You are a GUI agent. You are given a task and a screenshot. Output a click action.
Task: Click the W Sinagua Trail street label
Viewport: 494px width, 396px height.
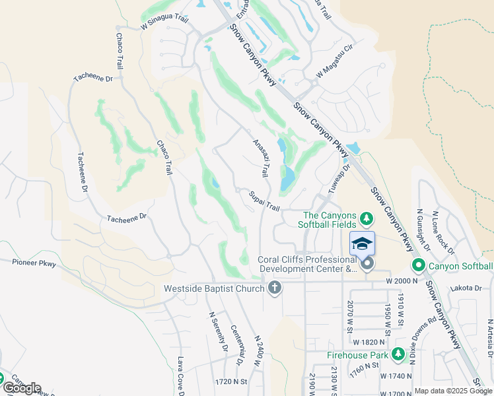pyautogui.click(x=164, y=23)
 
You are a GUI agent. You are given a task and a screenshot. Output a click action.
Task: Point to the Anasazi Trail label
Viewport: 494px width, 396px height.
pyautogui.click(x=260, y=158)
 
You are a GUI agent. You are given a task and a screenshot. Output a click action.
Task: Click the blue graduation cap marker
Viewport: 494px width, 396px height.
pyautogui.click(x=362, y=244)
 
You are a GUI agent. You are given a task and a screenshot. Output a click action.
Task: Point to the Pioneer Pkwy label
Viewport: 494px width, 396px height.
pyautogui.click(x=34, y=263)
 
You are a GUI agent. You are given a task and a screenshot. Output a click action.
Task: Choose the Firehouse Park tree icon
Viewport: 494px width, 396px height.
pyautogui.click(x=398, y=354)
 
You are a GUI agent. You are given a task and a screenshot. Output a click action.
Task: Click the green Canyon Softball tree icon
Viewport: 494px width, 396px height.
pyautogui.click(x=418, y=266)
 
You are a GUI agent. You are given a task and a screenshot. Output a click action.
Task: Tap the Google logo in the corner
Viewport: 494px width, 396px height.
pyautogui.click(x=21, y=387)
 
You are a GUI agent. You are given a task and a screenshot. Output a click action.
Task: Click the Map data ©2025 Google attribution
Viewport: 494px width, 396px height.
pyautogui.click(x=453, y=391)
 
